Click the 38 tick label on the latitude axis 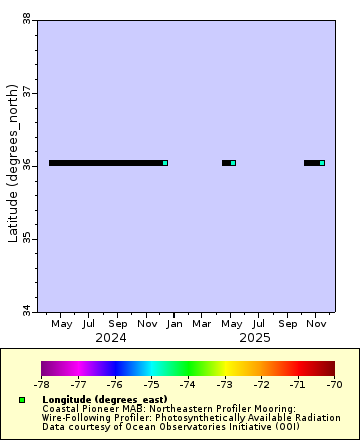click(26, 18)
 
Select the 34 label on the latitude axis click(26, 311)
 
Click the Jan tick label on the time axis click(175, 323)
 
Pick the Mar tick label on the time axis click(203, 323)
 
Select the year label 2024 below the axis click(111, 337)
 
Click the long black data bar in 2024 click(105, 163)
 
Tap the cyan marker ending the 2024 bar click(165, 163)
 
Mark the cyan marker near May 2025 click(233, 163)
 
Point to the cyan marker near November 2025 click(322, 163)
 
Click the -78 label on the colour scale click(42, 383)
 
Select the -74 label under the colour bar click(188, 383)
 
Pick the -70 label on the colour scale click(334, 383)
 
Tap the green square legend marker click(22, 400)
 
